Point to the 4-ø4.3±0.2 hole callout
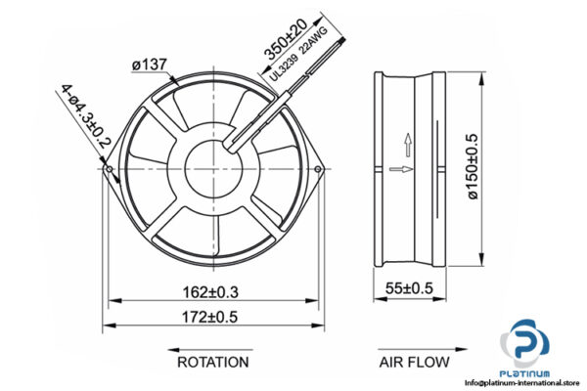pos(83,116)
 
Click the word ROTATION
pos(212,362)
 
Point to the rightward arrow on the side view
pos(398,170)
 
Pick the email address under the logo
pos(525,384)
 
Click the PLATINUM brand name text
pos(525,372)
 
